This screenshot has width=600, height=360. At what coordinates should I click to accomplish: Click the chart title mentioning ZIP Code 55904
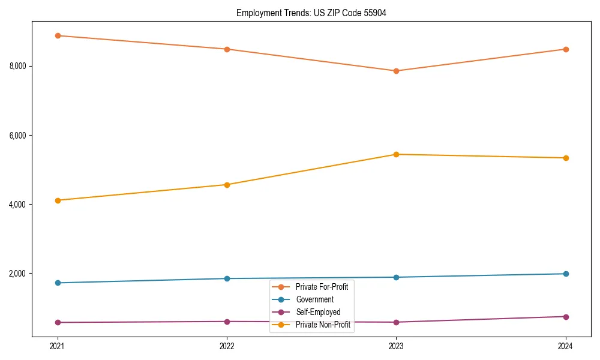pos(311,13)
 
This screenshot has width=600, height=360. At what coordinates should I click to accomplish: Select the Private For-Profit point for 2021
pos(58,35)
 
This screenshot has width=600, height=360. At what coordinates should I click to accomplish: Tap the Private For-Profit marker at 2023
pos(396,71)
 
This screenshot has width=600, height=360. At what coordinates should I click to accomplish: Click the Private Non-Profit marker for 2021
pos(58,200)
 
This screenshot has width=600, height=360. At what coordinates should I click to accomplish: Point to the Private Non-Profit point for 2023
pos(396,154)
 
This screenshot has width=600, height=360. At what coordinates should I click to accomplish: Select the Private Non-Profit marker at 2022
pos(227,185)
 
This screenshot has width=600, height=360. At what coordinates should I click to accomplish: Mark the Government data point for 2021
pos(58,283)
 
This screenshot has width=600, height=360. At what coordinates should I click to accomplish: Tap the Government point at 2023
pos(396,277)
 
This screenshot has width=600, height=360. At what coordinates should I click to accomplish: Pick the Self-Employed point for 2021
pos(58,322)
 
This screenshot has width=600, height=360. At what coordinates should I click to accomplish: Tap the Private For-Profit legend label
pos(322,287)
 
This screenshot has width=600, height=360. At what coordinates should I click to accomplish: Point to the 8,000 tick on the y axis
pos(18,66)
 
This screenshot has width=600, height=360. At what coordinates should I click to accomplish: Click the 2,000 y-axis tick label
pos(18,274)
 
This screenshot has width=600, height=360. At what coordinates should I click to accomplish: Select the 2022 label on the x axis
pos(227,346)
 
